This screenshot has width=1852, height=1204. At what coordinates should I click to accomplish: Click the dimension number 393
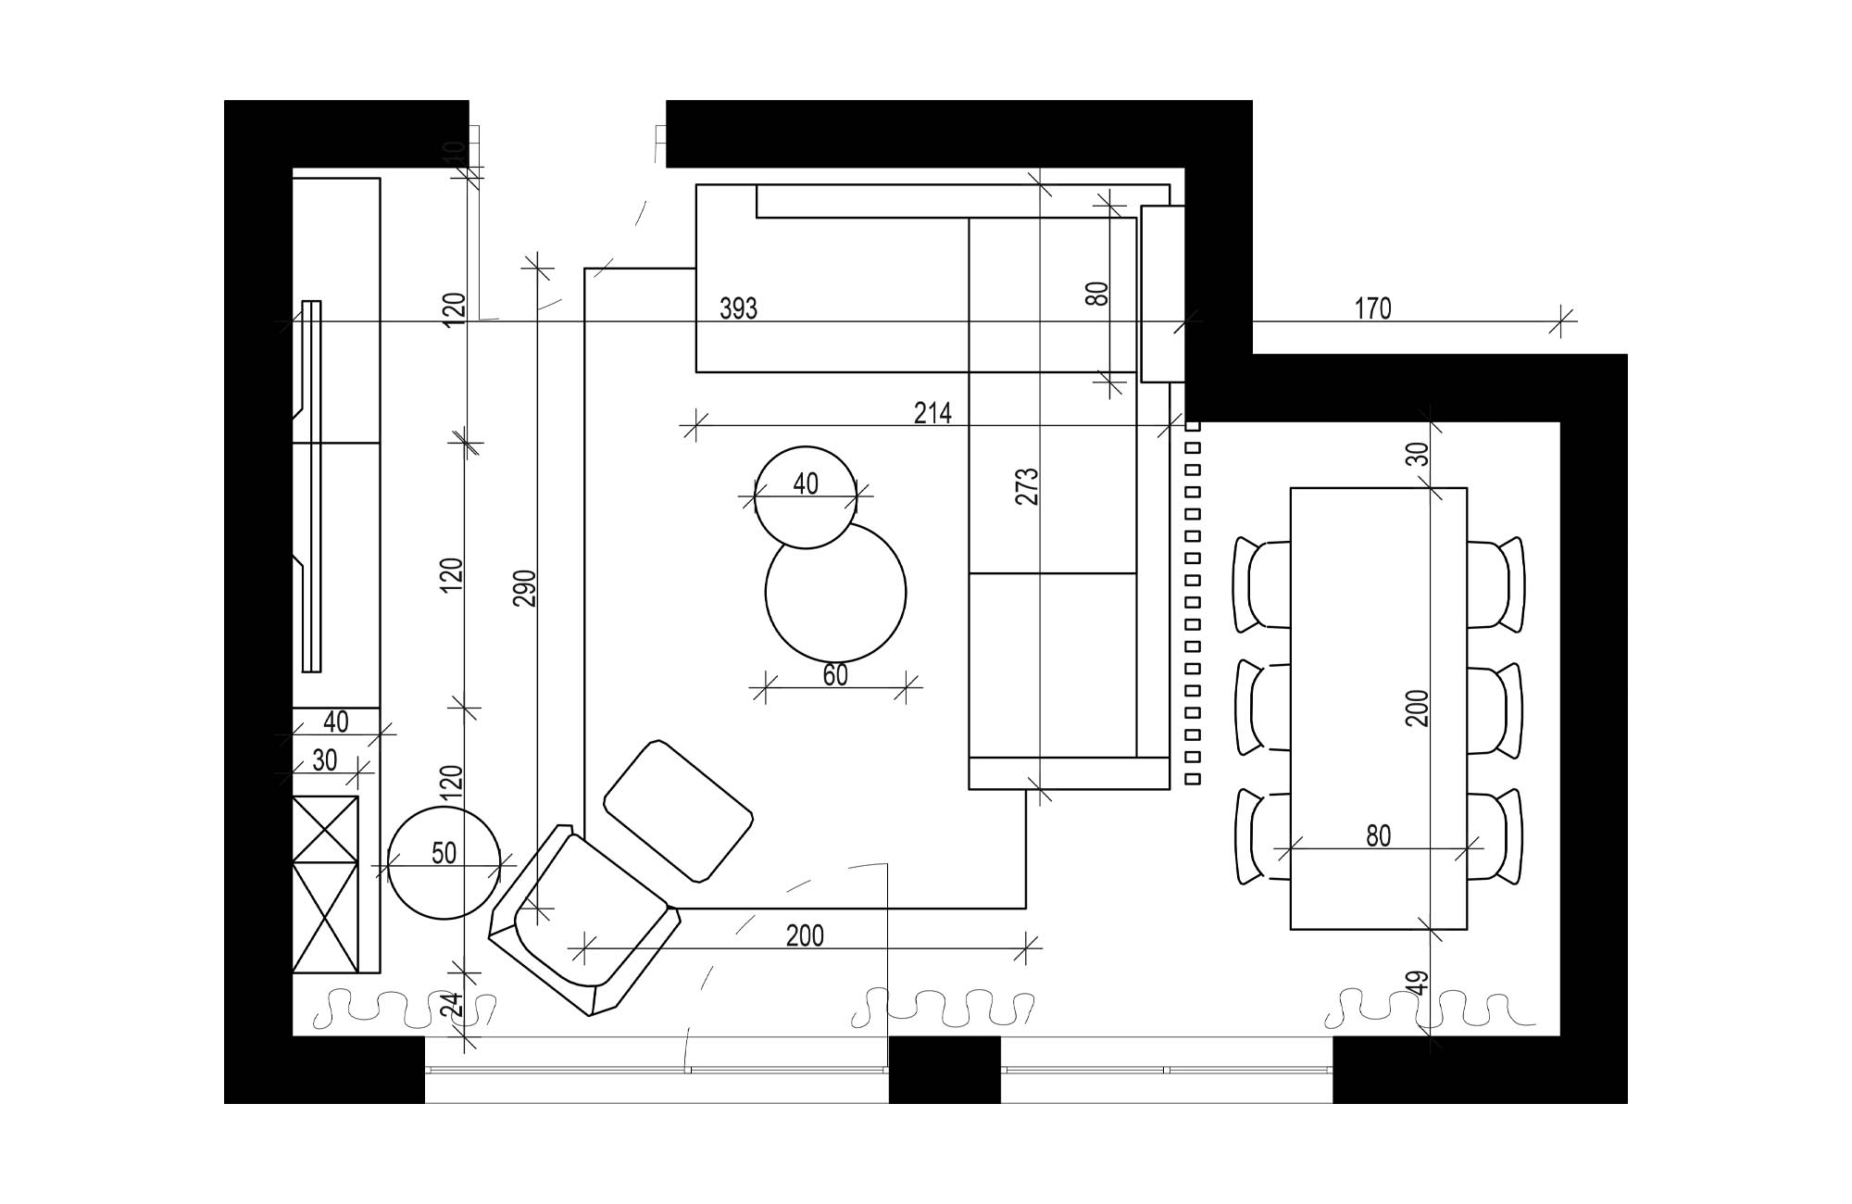click(738, 308)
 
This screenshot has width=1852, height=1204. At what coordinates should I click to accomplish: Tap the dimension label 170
click(1372, 308)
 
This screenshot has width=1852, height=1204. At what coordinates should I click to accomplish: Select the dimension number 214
click(932, 413)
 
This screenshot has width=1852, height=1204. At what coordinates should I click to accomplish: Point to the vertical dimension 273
click(1028, 486)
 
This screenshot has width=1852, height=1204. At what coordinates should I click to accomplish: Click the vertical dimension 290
click(524, 588)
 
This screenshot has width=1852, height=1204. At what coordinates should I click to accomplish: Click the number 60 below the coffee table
click(834, 675)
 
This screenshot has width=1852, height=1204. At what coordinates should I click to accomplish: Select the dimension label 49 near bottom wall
click(1419, 983)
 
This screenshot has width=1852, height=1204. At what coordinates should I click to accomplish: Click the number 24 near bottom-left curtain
click(451, 1005)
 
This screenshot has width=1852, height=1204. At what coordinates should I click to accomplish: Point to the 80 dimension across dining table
click(1378, 836)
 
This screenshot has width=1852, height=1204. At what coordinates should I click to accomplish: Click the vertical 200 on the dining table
click(1418, 708)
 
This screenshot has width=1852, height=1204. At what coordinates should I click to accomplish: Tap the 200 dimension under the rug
click(805, 936)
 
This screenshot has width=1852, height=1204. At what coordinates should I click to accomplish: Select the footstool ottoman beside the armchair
click(678, 810)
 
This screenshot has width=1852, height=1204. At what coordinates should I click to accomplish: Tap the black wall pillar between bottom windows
click(944, 1069)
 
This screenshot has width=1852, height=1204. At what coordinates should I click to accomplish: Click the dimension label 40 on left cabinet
click(336, 721)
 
